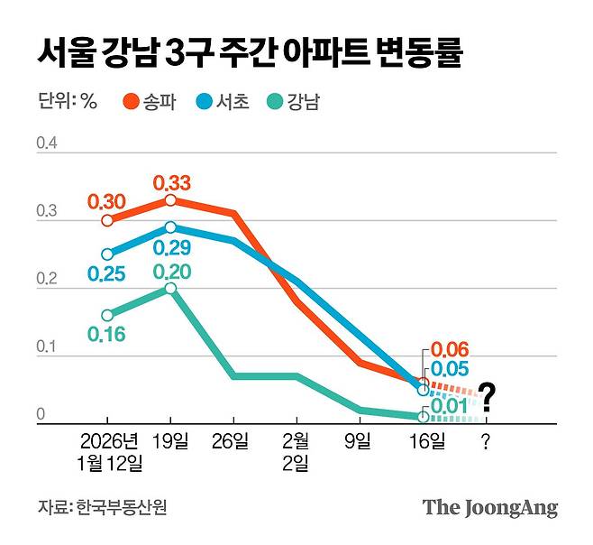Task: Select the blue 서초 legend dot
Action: (204, 102)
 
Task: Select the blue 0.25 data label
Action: (106, 273)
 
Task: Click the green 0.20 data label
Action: (171, 272)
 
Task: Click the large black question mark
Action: (488, 395)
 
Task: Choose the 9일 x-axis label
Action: (359, 441)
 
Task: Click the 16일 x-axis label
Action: (423, 441)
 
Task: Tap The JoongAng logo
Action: (490, 507)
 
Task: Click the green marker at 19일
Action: (170, 288)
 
